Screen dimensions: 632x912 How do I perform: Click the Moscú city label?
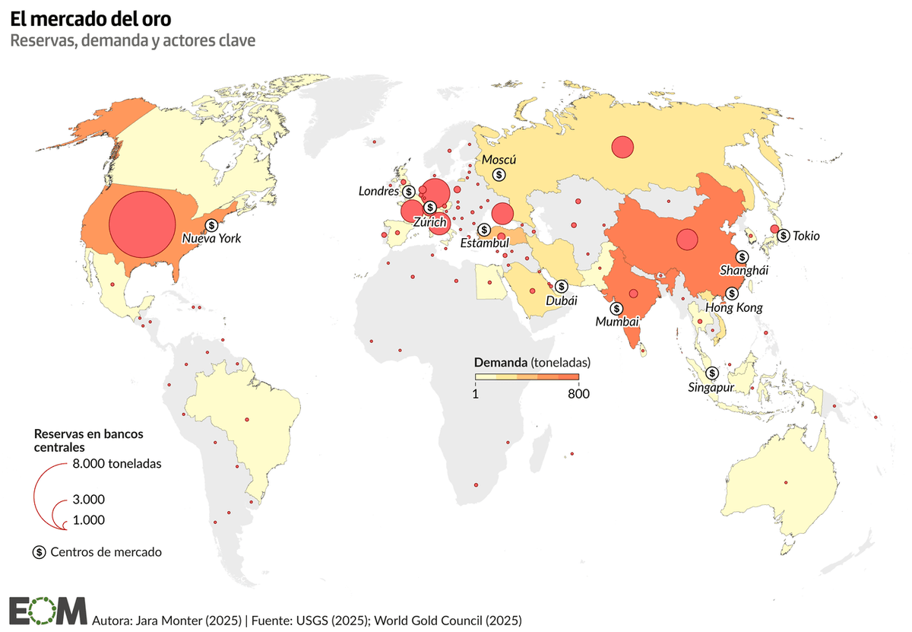click(499, 160)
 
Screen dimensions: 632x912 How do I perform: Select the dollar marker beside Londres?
click(409, 192)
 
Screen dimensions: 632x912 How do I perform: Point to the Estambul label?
click(484, 243)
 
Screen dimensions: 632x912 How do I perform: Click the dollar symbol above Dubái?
click(561, 286)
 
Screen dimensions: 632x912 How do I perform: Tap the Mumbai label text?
click(616, 322)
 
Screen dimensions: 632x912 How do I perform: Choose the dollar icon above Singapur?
click(712, 373)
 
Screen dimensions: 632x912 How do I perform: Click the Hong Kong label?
click(733, 308)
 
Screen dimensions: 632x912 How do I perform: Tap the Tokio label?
click(806, 236)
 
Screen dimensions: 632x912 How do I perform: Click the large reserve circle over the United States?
click(142, 224)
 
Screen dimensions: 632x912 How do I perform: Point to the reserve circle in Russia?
click(622, 147)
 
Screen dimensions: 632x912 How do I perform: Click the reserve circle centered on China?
click(687, 240)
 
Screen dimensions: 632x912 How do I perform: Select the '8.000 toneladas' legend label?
click(117, 463)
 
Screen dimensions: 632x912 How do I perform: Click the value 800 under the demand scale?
click(578, 394)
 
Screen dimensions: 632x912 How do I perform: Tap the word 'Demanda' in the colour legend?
click(500, 361)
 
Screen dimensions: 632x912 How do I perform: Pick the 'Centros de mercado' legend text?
click(106, 552)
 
